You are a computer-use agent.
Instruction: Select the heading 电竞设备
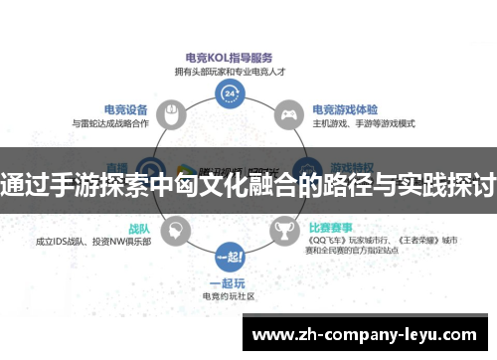coord(126,109)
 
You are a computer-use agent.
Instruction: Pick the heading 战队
coord(138,227)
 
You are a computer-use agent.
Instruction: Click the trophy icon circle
coord(284,235)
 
